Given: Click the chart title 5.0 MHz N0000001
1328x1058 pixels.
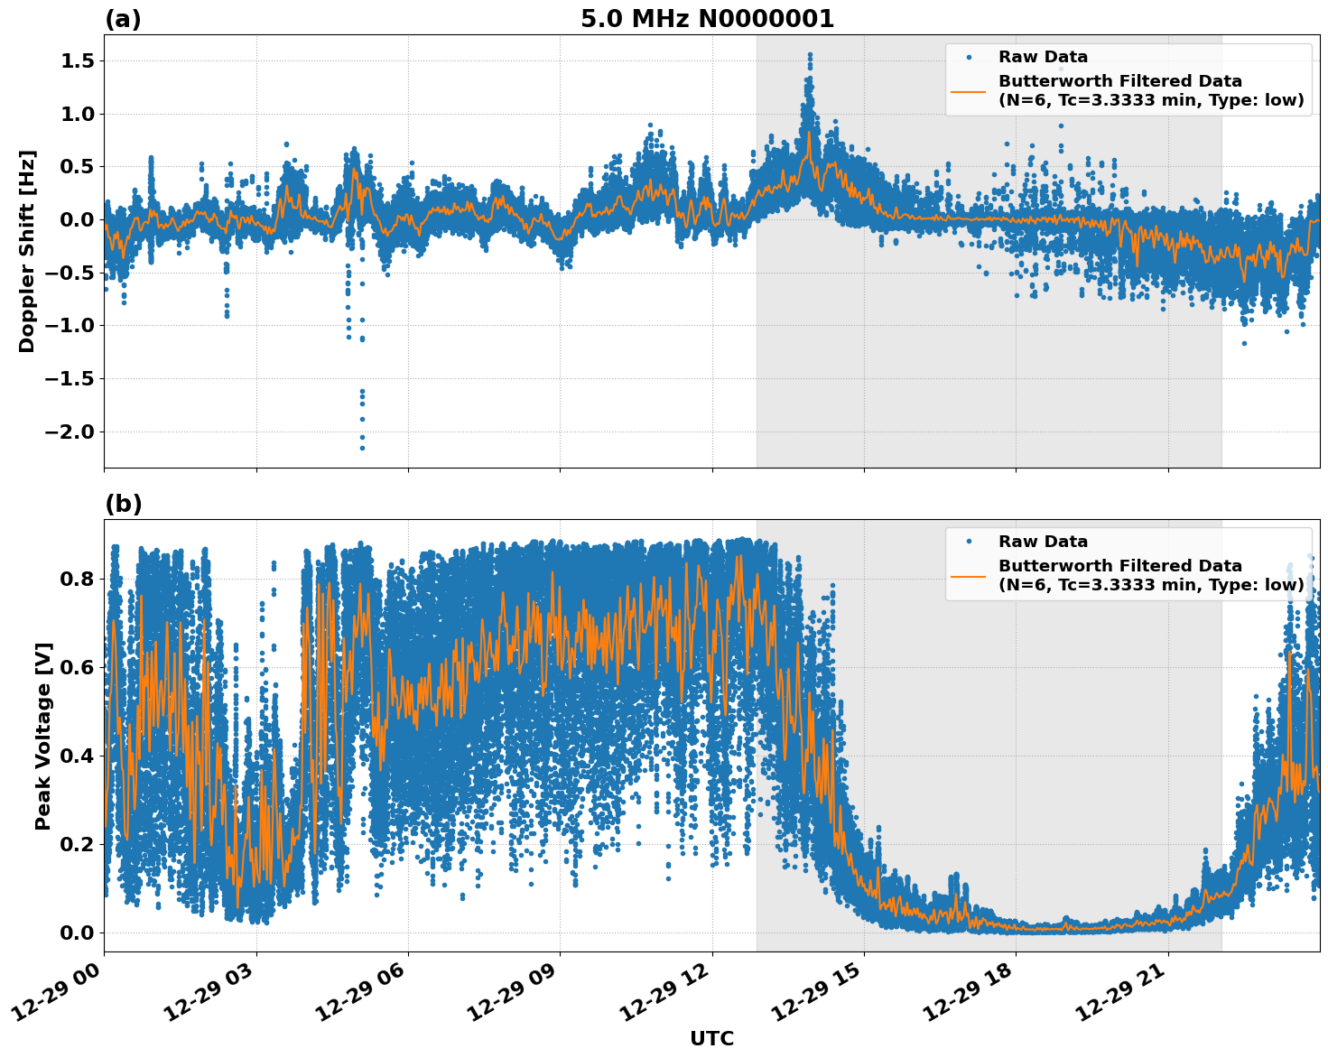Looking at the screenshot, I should click(x=707, y=19).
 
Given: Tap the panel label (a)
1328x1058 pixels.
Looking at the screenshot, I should click(x=123, y=19).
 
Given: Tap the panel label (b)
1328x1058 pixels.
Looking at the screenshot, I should click(x=123, y=504).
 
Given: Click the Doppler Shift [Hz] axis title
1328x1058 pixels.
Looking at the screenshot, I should click(x=27, y=251).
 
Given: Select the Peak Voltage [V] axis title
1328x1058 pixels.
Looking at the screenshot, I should click(x=43, y=736).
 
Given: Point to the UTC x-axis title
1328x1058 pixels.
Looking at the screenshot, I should click(x=711, y=1038).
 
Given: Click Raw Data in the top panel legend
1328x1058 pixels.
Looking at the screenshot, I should click(x=1043, y=57).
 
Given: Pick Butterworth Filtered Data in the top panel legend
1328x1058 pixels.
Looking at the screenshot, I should click(x=1119, y=81).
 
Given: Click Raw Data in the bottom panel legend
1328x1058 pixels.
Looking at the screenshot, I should click(x=1043, y=542).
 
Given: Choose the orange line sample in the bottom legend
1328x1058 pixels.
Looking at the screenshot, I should click(x=969, y=575).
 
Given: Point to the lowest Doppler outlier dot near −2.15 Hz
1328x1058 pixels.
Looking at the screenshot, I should click(x=362, y=448).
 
